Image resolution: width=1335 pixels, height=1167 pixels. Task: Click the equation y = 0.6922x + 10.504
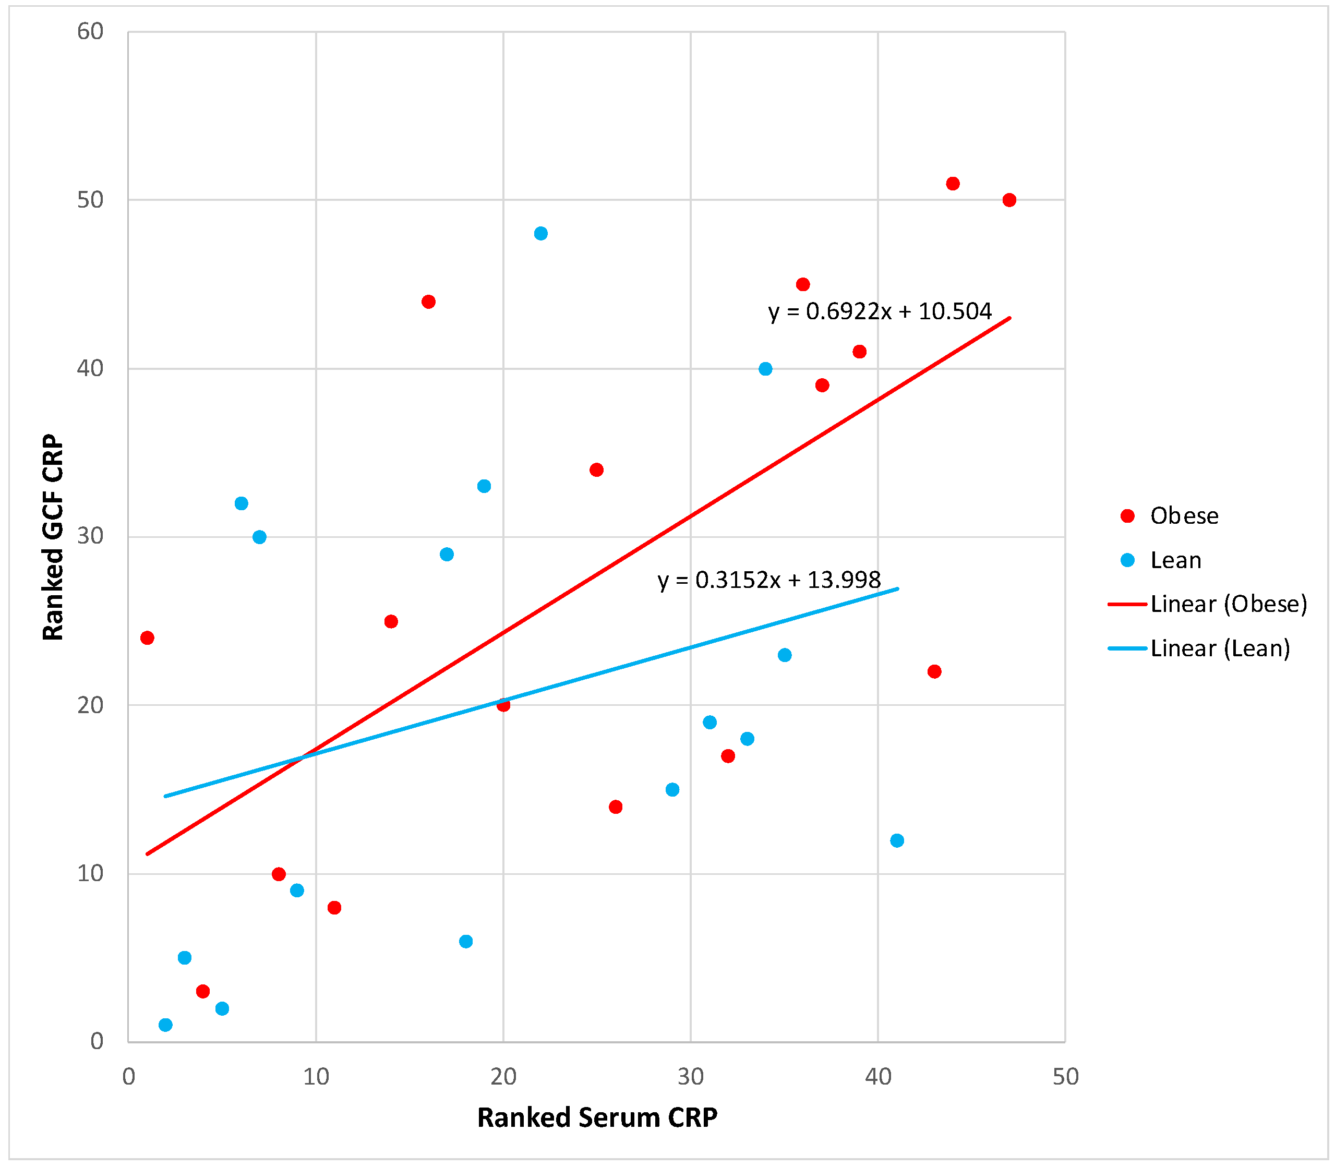[880, 311]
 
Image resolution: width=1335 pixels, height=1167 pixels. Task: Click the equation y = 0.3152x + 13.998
[768, 580]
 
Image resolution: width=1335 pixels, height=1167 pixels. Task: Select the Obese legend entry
[1183, 516]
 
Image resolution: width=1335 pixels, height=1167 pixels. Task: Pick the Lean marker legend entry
[1175, 560]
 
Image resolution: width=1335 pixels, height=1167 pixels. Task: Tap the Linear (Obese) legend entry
[1228, 604]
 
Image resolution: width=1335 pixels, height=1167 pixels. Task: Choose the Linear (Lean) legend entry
[1219, 648]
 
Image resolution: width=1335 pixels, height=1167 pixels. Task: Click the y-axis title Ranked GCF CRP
[53, 537]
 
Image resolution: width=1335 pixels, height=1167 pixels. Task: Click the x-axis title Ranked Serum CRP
[597, 1117]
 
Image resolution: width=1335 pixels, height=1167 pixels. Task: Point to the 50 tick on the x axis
[1065, 1076]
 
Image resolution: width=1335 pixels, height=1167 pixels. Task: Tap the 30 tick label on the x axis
[690, 1076]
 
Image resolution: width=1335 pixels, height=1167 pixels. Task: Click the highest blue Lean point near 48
[540, 233]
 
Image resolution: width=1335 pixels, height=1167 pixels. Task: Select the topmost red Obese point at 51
[953, 184]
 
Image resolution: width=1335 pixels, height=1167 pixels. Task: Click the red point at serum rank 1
[147, 637]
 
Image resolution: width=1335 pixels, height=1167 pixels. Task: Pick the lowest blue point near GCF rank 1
[165, 1025]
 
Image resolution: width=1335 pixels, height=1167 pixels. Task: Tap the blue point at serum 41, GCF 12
[897, 840]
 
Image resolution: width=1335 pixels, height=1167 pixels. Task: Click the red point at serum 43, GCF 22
[934, 671]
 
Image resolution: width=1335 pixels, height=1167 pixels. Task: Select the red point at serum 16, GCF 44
[428, 302]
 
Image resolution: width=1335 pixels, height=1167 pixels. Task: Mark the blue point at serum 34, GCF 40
[766, 369]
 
